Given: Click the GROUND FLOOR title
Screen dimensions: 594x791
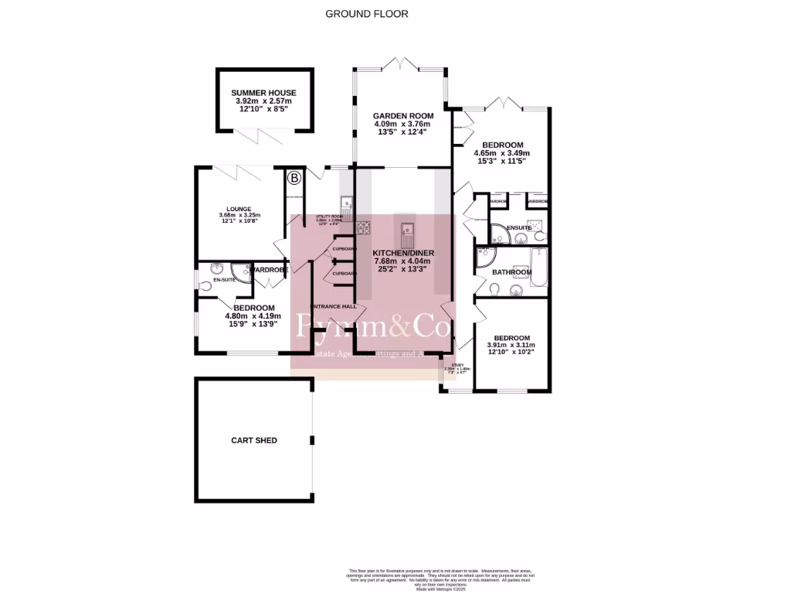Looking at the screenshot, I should click(367, 14).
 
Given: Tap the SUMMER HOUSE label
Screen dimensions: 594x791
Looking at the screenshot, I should click(263, 93).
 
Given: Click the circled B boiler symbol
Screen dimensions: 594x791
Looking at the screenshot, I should click(294, 179).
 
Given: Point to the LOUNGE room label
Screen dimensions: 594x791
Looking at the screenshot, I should click(239, 209).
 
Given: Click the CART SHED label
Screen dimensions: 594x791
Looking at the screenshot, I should click(254, 441).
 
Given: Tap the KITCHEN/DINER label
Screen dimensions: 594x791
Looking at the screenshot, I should click(403, 253).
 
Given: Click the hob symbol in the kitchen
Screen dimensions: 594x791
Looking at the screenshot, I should click(362, 227).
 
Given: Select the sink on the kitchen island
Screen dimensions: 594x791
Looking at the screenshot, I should click(406, 230).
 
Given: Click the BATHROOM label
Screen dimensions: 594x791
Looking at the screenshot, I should click(512, 272).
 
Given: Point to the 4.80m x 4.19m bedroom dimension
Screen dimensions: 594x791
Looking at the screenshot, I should click(253, 316).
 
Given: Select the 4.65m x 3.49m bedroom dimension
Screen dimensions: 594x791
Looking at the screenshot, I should click(503, 152).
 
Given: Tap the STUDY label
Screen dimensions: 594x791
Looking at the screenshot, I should click(457, 364).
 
